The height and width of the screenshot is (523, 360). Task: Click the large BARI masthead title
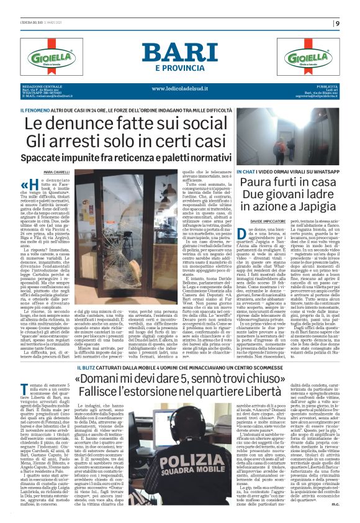pyautogui.click(x=180, y=53)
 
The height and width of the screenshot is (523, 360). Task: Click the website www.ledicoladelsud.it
pyautogui.click(x=180, y=88)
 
